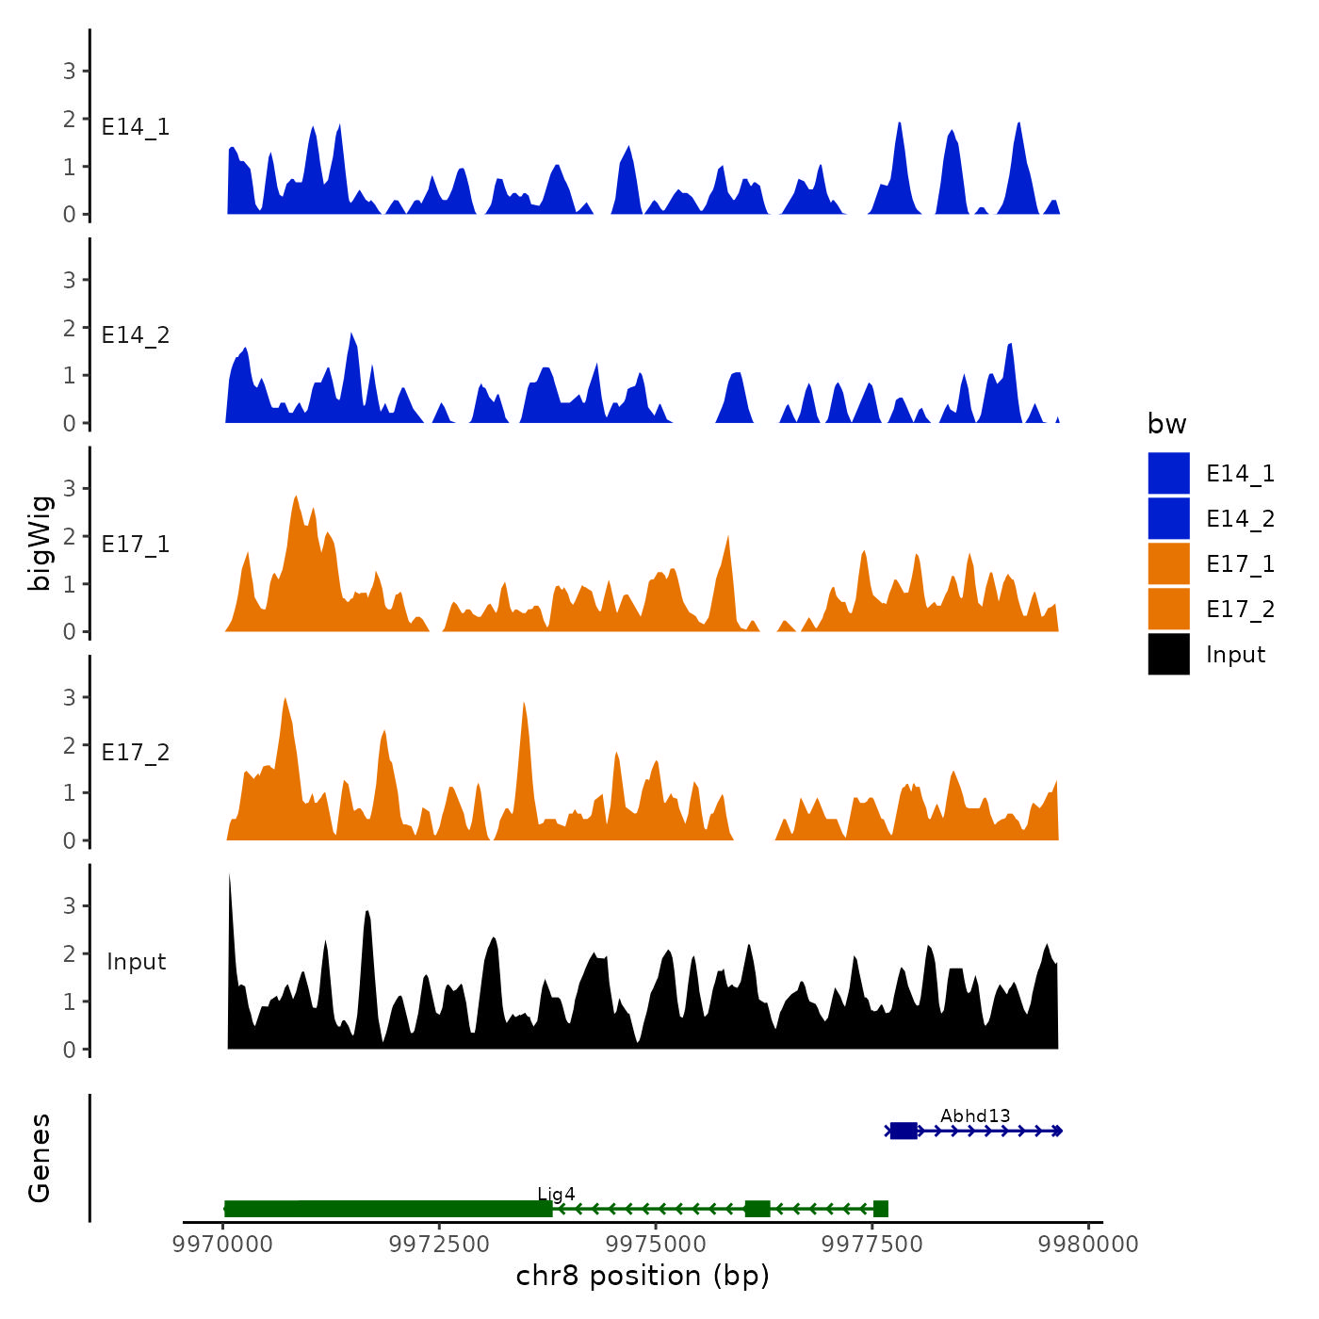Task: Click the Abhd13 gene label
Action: (974, 1116)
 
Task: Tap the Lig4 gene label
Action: (556, 1195)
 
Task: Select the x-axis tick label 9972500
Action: (439, 1245)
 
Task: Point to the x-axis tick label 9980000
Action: (1088, 1245)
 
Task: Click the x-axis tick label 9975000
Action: (656, 1245)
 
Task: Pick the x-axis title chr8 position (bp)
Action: (643, 1277)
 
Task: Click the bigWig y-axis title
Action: (40, 543)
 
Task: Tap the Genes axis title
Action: (40, 1158)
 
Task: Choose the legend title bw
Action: (1166, 425)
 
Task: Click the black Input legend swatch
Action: (1168, 654)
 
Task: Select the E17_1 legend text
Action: (1240, 564)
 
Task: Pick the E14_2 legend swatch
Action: (1168, 518)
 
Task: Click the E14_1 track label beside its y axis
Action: (136, 127)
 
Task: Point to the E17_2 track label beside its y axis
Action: (136, 753)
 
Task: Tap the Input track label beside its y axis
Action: (136, 962)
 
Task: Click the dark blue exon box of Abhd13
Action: (904, 1131)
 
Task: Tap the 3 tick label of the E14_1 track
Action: (69, 71)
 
